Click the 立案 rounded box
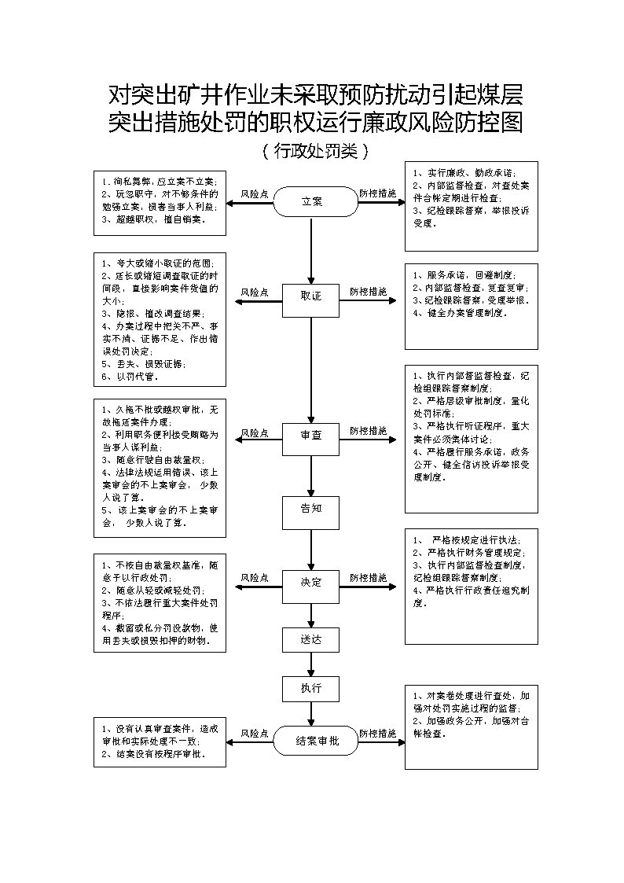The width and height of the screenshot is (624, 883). click(x=312, y=201)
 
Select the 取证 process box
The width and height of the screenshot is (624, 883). click(x=311, y=296)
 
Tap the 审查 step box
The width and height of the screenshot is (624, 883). click(x=311, y=434)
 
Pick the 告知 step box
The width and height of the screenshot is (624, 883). click(x=311, y=509)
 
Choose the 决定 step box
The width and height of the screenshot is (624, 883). click(x=311, y=582)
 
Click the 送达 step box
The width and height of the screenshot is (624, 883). click(x=311, y=639)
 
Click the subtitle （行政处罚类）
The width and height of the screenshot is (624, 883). click(x=312, y=149)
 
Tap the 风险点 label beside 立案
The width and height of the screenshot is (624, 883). click(x=255, y=193)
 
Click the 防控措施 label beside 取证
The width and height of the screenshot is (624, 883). click(x=368, y=291)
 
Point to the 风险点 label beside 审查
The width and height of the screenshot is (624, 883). click(x=255, y=432)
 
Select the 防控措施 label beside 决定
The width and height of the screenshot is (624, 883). click(x=368, y=577)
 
